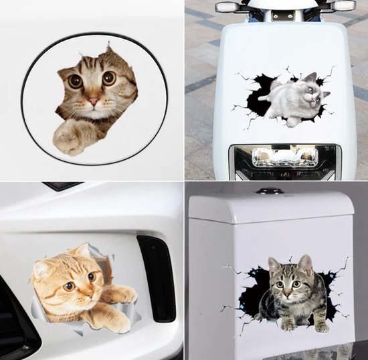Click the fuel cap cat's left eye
tap(76, 82)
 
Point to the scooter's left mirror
tap(228, 7)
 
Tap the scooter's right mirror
tap(344, 5)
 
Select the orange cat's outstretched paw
tap(122, 295)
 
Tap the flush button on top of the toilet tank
tap(270, 191)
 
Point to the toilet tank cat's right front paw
tap(321, 327)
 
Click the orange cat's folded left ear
tap(41, 268)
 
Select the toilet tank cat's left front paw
tap(286, 325)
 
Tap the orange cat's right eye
tap(92, 275)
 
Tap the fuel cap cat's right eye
tap(108, 78)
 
